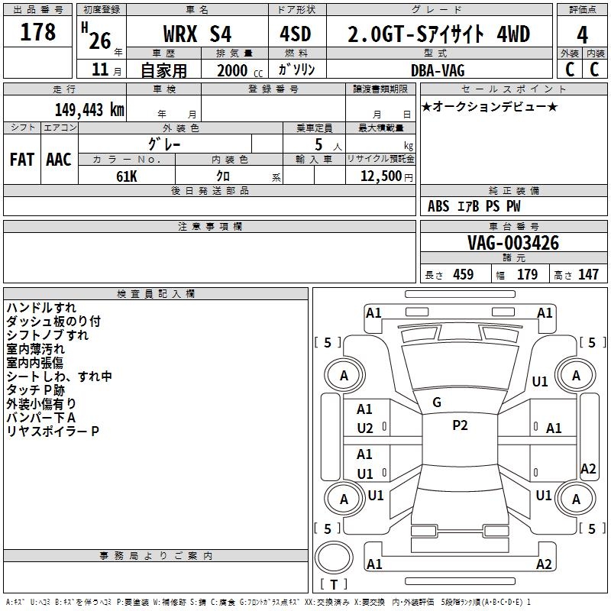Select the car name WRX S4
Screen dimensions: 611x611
coord(196,35)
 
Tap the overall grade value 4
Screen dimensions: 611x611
coord(583,35)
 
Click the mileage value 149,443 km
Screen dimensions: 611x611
coord(89,109)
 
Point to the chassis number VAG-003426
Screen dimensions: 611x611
coord(513,244)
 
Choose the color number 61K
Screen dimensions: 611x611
coord(127,175)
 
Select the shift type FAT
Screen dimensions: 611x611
coord(22,159)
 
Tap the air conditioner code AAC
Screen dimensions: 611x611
coord(59,159)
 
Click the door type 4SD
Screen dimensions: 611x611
coord(296,35)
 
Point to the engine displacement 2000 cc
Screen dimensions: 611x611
coord(234,70)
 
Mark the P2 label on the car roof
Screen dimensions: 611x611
coord(460,425)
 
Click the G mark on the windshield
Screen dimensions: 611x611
coord(437,402)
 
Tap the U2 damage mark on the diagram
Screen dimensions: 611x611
coord(365,428)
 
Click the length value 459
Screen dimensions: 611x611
coord(463,275)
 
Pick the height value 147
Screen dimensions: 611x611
coord(587,275)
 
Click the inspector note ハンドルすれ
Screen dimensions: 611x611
coord(41,308)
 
